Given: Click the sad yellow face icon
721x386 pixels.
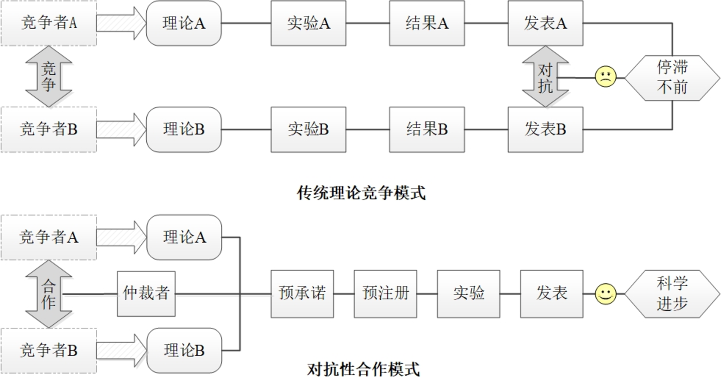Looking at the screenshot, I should (x=606, y=77).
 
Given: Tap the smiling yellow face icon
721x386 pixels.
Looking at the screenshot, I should (x=606, y=294).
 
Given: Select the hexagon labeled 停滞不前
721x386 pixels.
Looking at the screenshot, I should (x=672, y=78).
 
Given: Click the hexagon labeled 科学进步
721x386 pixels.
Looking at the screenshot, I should (x=672, y=294).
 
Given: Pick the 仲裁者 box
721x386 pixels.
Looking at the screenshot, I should (x=146, y=294).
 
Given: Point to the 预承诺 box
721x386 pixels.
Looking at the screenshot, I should (x=302, y=294).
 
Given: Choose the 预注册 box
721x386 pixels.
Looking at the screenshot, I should (x=385, y=294).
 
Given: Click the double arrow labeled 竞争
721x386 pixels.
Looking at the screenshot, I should (x=49, y=77).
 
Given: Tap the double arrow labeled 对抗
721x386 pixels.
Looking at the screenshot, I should (x=545, y=77).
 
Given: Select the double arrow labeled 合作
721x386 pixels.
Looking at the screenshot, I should (x=49, y=294).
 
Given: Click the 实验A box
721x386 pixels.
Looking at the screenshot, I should (x=309, y=24).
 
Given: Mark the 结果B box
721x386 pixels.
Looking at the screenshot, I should (x=427, y=129).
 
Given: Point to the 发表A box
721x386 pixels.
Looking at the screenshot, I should (x=545, y=24).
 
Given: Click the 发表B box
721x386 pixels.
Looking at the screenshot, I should (x=545, y=129).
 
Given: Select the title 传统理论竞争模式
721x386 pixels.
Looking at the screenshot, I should (x=361, y=193).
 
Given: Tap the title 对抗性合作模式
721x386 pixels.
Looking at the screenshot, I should (x=363, y=369).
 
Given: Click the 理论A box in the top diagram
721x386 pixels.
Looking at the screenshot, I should (x=184, y=24).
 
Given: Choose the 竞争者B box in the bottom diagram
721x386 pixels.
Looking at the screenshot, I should (x=49, y=350).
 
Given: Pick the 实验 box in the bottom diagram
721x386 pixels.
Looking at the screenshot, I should (x=468, y=294).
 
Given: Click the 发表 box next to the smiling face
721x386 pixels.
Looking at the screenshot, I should (x=552, y=294).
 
